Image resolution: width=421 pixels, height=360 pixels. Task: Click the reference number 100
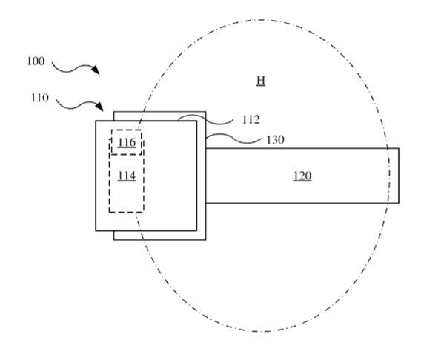pos(36,61)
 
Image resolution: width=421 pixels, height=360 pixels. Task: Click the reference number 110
pos(40,98)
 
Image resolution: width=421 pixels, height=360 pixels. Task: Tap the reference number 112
pos(251,120)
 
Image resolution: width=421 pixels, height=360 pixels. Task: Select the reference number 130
pos(275,140)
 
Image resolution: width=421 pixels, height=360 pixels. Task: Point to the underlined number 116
pos(127,142)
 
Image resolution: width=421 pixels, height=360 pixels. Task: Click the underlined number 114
pos(127,176)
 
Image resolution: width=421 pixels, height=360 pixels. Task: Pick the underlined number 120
pos(302,176)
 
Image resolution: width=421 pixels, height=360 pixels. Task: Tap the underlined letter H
pos(261,81)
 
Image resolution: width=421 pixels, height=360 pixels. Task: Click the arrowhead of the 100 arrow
pos(96,70)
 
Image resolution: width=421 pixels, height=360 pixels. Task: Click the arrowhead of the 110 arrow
pos(100,106)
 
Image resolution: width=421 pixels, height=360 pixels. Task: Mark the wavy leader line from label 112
pos(205,120)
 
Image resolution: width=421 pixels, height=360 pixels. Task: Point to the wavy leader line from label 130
pos(233,139)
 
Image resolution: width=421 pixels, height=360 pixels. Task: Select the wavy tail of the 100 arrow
pos(72,68)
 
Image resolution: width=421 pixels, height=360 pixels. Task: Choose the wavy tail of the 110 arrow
pos(76,105)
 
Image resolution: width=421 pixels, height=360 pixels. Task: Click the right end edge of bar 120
pos(399,176)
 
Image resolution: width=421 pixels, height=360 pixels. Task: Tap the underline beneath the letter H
pos(261,86)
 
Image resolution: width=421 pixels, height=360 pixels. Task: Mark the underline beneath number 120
pos(302,181)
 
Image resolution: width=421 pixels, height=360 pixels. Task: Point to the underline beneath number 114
pos(127,181)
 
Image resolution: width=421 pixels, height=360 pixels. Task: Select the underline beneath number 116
pos(127,147)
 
